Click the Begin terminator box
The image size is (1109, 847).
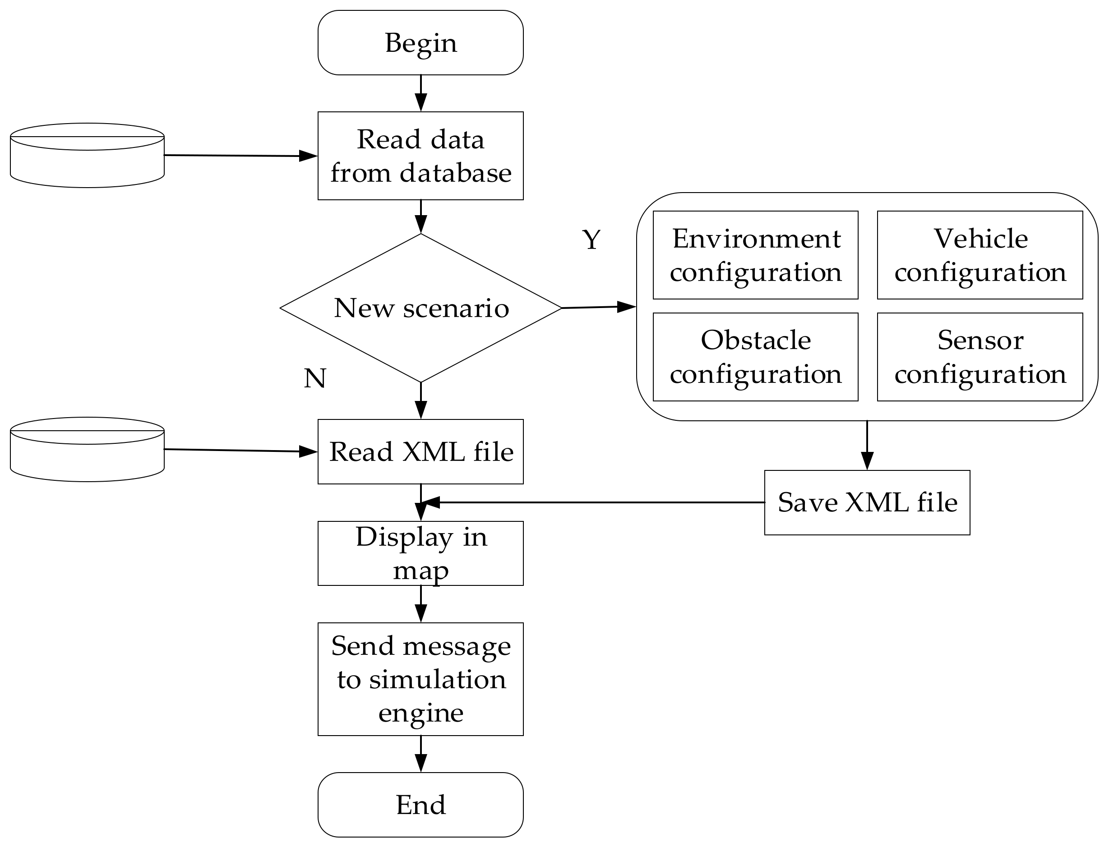(x=420, y=43)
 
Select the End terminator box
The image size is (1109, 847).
(x=420, y=805)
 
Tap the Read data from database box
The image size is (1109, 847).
(x=420, y=156)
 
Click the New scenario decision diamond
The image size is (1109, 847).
(x=420, y=308)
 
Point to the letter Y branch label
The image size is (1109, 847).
(x=591, y=239)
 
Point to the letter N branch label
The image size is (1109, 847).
(x=314, y=378)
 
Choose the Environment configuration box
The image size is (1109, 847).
(x=755, y=255)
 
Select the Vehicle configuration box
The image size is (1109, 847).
(x=980, y=255)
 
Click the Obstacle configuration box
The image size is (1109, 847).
(x=755, y=357)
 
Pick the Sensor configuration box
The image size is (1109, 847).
(x=980, y=357)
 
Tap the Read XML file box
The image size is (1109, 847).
(x=420, y=452)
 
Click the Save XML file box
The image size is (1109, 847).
(x=867, y=503)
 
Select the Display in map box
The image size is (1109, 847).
(x=420, y=553)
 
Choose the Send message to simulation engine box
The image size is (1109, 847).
(x=420, y=679)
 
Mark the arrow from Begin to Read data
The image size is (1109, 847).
(x=420, y=93)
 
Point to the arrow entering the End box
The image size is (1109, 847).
(x=420, y=754)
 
